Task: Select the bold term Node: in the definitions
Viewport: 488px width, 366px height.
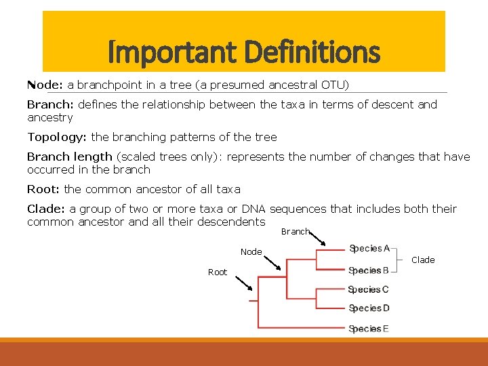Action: (45, 85)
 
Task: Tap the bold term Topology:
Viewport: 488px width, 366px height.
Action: (57, 137)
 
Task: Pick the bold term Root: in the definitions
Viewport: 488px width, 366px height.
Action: (43, 189)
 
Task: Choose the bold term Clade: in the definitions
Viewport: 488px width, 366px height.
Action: (46, 209)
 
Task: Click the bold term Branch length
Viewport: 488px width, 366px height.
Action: (70, 157)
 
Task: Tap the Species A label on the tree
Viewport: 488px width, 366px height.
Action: (369, 249)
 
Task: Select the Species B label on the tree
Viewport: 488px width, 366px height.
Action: (369, 270)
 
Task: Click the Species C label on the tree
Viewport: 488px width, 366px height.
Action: (369, 290)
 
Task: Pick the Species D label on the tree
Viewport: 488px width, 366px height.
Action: (369, 309)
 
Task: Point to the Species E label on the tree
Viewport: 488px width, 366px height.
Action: (369, 329)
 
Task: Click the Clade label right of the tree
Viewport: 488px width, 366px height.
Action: (423, 260)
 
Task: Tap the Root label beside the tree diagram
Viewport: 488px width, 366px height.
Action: (218, 272)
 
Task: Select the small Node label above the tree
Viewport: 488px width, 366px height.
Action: (251, 252)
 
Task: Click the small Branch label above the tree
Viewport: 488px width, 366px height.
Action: (295, 232)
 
